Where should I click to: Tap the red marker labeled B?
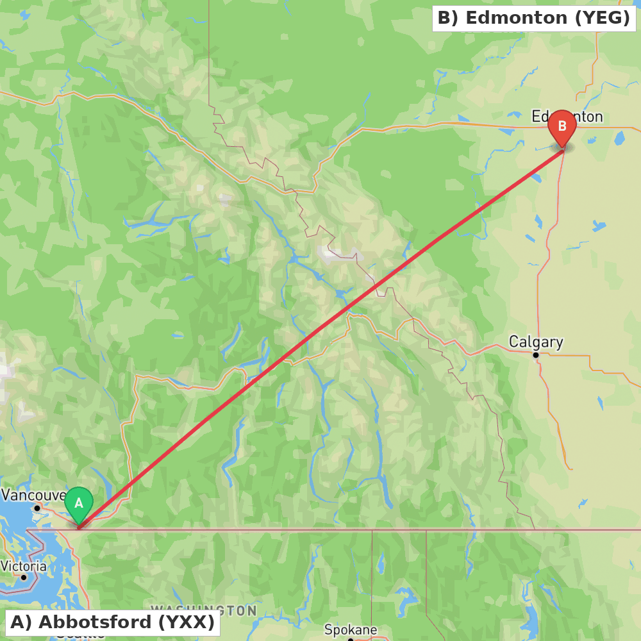[562, 127]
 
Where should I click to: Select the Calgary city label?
[536, 342]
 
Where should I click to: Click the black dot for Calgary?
[536, 354]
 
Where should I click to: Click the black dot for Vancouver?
[37, 508]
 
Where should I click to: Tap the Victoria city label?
[24, 566]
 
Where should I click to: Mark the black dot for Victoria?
[24, 578]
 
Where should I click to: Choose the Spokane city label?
[351, 629]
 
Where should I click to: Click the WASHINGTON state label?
[204, 610]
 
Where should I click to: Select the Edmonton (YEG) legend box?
[533, 18]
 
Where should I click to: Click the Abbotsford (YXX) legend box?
[112, 622]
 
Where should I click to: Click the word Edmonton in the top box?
[516, 18]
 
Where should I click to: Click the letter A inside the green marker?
[79, 503]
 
